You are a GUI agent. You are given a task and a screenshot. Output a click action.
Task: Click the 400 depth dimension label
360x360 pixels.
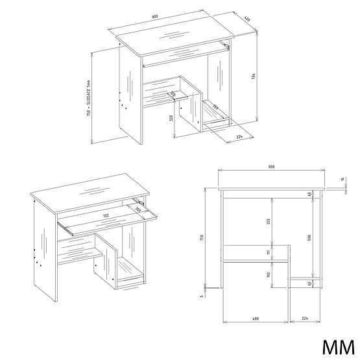pos(247,19)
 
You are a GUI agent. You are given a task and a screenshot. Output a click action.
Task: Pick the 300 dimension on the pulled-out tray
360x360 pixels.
pos(138,209)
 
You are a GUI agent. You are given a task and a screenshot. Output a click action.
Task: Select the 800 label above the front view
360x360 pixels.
pos(270,167)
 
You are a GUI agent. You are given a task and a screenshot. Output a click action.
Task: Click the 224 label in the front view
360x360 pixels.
pos(304,318)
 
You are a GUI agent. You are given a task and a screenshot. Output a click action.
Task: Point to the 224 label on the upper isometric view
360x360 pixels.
pos(239,137)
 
